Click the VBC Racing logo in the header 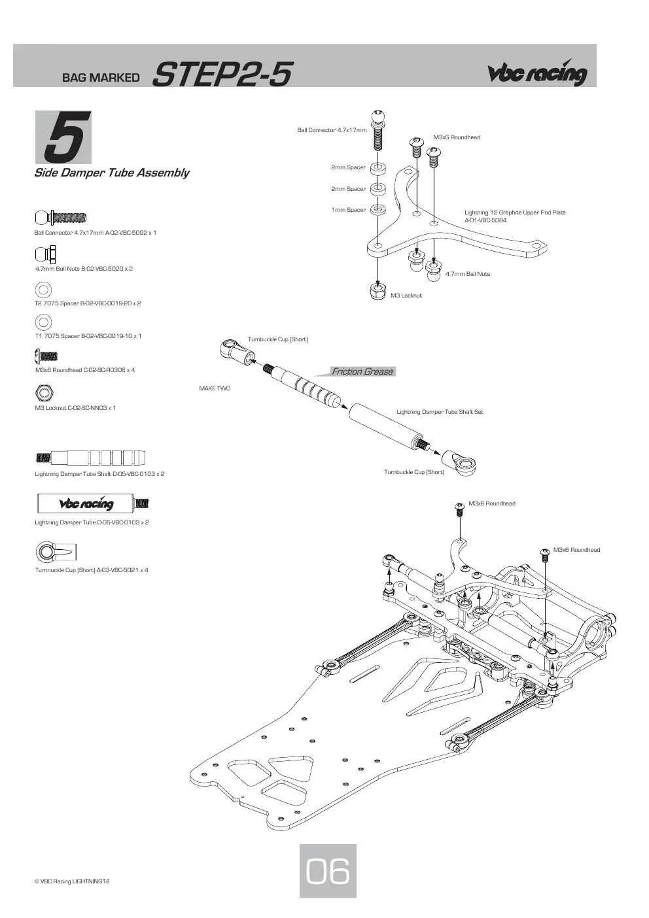click(x=537, y=73)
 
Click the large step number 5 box click(x=63, y=137)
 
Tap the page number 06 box click(x=328, y=871)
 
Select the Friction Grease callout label click(x=362, y=371)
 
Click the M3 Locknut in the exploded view click(x=377, y=292)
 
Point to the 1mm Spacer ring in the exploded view click(x=377, y=209)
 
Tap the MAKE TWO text click(x=215, y=388)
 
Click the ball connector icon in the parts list click(x=61, y=217)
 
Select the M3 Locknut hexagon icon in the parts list click(x=44, y=392)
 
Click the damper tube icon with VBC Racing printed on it click(x=93, y=503)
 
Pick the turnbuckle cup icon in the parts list click(x=56, y=552)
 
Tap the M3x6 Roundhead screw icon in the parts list click(x=46, y=356)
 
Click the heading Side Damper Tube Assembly click(x=111, y=173)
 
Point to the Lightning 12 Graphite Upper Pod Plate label click(x=515, y=216)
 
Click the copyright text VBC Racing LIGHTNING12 click(x=72, y=881)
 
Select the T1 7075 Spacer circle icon click(x=43, y=322)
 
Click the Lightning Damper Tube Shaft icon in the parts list click(x=90, y=457)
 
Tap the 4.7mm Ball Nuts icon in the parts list click(x=46, y=254)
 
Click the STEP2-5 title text click(x=222, y=74)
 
